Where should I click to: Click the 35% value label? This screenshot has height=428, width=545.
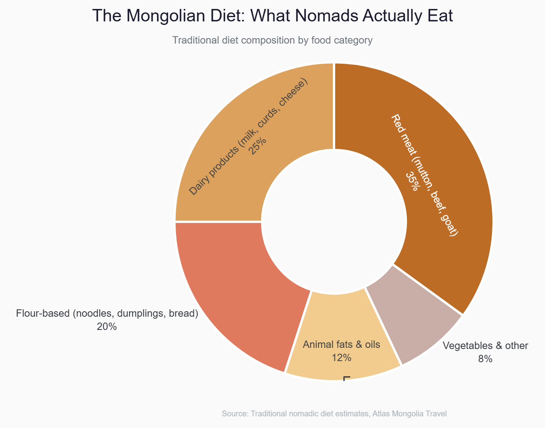411,181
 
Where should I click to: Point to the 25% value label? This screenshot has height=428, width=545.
258,146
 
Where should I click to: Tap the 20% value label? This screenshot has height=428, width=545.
107,327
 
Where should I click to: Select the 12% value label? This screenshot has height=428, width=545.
341,358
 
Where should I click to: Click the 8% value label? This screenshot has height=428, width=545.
485,359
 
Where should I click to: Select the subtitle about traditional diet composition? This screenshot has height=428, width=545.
272,40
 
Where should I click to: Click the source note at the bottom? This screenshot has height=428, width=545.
334,414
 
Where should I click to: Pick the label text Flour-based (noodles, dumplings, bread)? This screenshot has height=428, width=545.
107,314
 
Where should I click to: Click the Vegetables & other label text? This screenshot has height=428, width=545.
485,346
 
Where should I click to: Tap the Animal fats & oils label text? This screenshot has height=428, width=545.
341,344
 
